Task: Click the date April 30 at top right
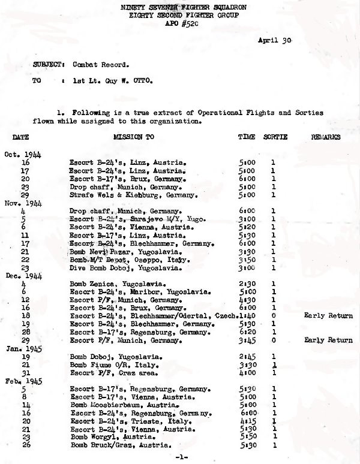274,40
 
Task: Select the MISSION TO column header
133,137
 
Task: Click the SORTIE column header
275,137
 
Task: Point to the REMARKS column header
326,137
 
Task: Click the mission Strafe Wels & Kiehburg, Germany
127,195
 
